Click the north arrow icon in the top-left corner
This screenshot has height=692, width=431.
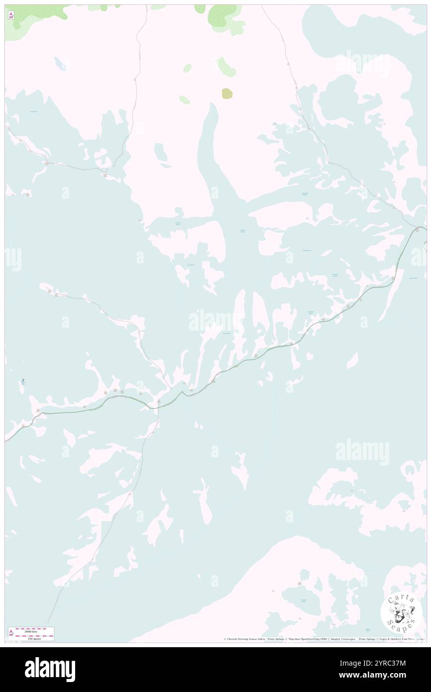click(11, 15)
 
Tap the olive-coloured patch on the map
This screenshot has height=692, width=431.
click(227, 93)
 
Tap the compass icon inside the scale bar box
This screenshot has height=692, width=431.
click(11, 633)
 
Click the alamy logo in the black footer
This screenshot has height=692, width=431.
click(50, 669)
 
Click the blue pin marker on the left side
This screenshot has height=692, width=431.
click(23, 382)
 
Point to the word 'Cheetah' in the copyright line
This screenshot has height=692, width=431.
click(233, 639)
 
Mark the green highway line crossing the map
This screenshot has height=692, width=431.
click(299, 339)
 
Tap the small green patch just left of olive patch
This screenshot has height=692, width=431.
click(185, 100)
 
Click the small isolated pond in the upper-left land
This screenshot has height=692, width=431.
click(59, 63)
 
